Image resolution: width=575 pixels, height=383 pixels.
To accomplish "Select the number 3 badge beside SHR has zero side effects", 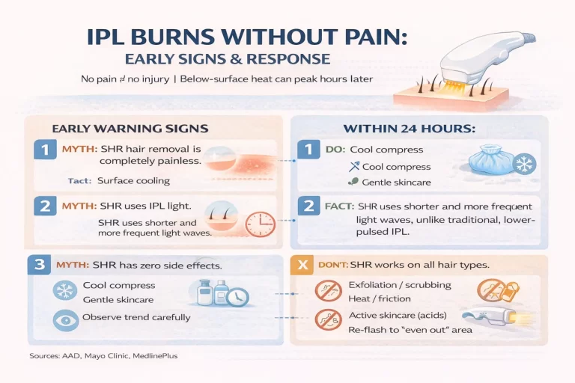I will click(x=37, y=266).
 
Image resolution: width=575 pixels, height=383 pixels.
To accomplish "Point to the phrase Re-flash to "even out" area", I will click(x=410, y=329).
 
